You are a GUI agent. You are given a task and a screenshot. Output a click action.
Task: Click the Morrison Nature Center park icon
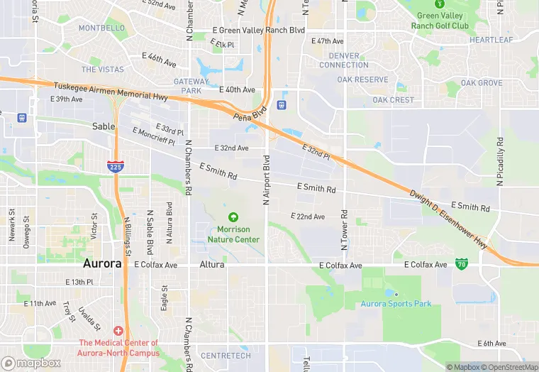(x=233, y=217)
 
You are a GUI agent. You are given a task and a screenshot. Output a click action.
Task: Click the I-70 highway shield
(x=462, y=264)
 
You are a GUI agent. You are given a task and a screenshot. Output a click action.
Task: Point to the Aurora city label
(x=102, y=263)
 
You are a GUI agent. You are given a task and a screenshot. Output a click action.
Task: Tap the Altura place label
(x=212, y=265)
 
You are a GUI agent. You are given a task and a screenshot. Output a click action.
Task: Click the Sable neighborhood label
(x=104, y=126)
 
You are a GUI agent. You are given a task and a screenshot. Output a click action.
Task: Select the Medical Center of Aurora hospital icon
(x=118, y=332)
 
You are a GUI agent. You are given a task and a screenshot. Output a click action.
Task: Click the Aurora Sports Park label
(x=396, y=304)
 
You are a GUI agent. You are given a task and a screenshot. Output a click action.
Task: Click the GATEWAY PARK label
(x=191, y=86)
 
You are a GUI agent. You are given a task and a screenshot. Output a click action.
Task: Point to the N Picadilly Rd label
(x=500, y=163)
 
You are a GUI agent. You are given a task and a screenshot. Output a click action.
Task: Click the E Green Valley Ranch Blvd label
(x=258, y=31)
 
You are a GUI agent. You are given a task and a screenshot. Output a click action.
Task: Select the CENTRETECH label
(x=226, y=355)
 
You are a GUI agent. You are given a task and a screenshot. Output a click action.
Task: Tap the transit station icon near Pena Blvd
(x=282, y=105)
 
